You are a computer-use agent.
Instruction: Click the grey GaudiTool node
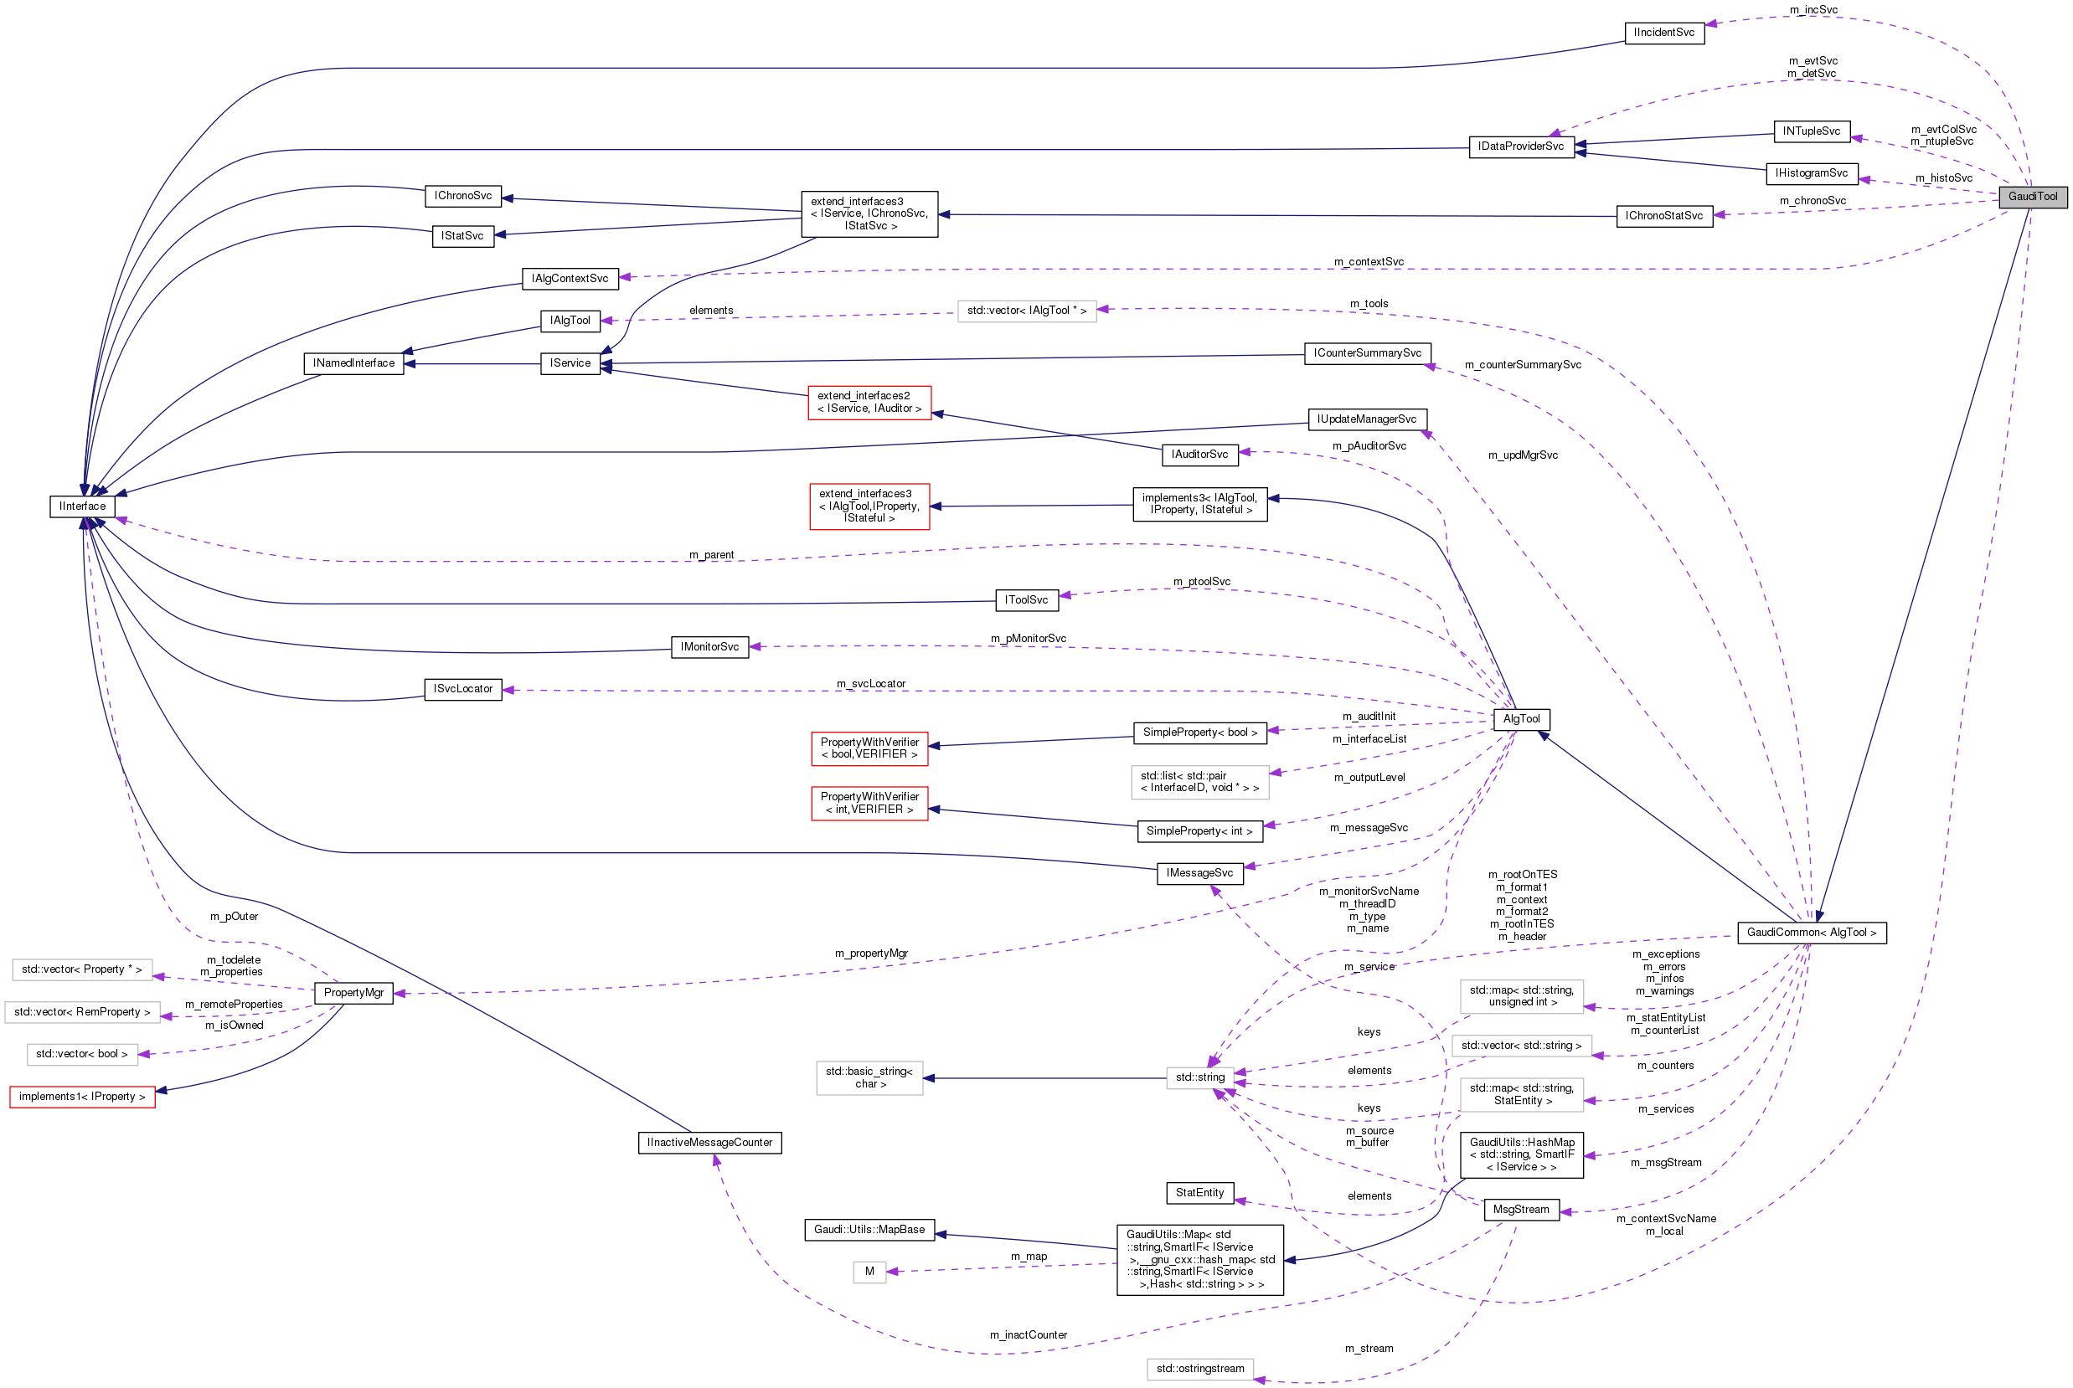coord(2032,197)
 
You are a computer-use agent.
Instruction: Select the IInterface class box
coord(82,506)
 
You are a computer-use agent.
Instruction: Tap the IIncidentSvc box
coord(1664,33)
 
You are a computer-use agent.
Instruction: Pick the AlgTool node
coord(1521,719)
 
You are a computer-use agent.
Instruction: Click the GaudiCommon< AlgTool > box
coord(1811,932)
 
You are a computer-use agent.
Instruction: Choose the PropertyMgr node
coord(353,992)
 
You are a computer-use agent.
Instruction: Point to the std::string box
coord(1200,1077)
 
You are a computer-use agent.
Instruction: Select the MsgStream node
coord(1520,1209)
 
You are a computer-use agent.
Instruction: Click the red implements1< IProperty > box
coord(82,1096)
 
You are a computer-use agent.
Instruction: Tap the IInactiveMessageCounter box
coord(709,1142)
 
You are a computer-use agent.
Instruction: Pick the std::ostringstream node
coord(1200,1369)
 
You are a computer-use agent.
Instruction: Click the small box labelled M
coord(869,1271)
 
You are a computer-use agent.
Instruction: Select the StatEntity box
coord(1200,1192)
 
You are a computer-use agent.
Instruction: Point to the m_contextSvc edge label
coord(1368,262)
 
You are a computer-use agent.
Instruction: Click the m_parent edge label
coord(711,555)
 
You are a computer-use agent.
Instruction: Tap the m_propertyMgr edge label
coord(870,954)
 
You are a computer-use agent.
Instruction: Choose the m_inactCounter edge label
coord(1028,1335)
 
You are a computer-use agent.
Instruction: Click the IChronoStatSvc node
coord(1664,215)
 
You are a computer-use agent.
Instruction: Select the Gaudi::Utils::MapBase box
coord(869,1230)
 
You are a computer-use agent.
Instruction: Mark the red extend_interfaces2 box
coord(869,402)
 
